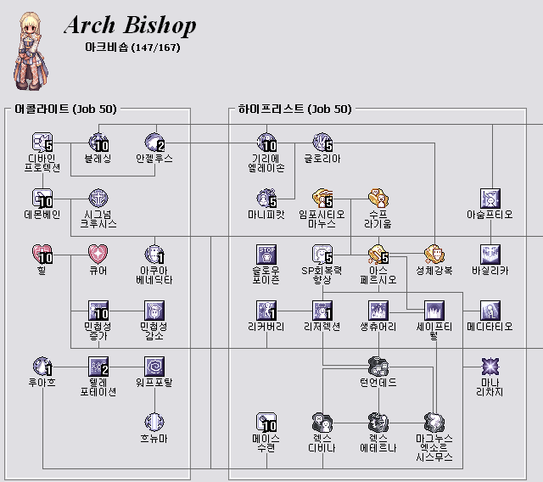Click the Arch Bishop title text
[x=130, y=25]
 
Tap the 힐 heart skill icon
[x=42, y=254]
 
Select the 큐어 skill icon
[x=98, y=254]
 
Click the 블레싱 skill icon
[x=98, y=142]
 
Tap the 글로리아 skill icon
[x=322, y=142]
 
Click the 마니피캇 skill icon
[x=266, y=198]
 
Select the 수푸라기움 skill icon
[x=378, y=198]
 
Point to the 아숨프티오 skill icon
[x=490, y=198]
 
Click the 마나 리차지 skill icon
[x=490, y=366]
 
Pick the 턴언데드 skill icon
[x=378, y=366]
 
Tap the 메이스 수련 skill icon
[x=266, y=422]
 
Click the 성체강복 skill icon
[x=434, y=254]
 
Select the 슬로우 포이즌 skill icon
[x=266, y=254]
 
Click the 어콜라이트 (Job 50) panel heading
[x=66, y=109]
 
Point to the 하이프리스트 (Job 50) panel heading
[x=294, y=109]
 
